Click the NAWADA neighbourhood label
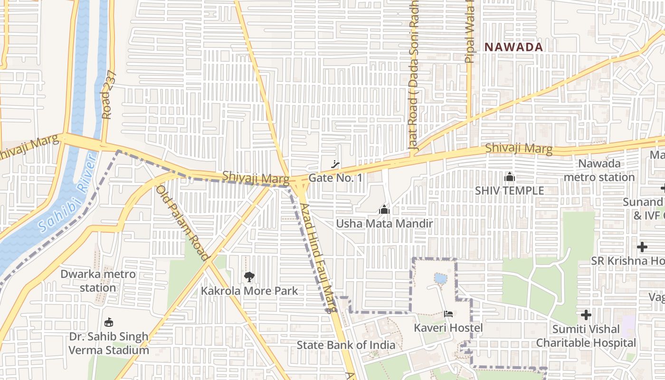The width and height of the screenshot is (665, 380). pos(513,47)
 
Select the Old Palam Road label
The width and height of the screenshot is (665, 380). pos(183,224)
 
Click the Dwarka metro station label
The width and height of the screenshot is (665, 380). pos(98,281)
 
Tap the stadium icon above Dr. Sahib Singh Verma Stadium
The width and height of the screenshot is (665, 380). pos(109,323)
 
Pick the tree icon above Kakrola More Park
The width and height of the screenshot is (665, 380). pos(249,276)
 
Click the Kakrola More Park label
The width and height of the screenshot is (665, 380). pos(249,291)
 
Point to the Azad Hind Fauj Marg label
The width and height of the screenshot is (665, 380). pos(319,256)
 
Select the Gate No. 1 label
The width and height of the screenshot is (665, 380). pos(335,178)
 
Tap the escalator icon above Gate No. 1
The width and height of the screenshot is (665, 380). pos(335,165)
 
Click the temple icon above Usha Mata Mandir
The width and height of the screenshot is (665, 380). pos(384,209)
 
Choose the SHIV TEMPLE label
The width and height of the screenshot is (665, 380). pos(510,190)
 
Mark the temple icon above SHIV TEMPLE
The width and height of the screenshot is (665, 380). pos(510,177)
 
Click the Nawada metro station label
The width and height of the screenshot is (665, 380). pos(599,171)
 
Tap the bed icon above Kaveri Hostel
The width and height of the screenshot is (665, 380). pos(448,313)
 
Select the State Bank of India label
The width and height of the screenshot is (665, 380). pos(346,345)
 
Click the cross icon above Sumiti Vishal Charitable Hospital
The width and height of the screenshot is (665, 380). pos(586,315)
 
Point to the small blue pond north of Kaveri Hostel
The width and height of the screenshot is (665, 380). pos(440,278)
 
